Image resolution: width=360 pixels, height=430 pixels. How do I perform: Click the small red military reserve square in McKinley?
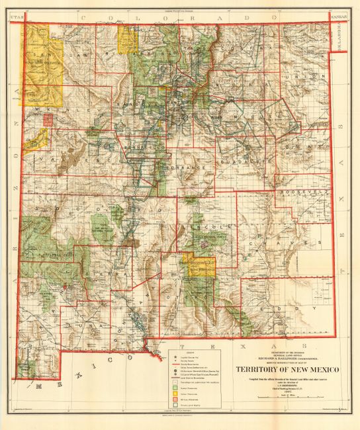point(48,120)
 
